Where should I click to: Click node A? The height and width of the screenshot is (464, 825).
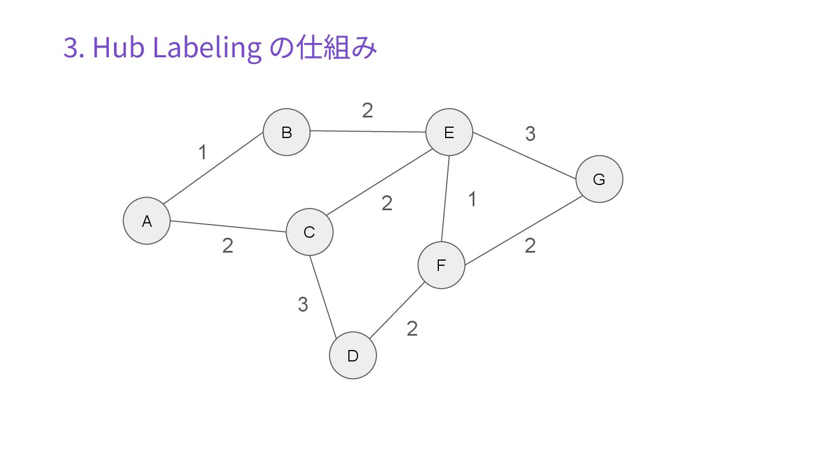point(147,221)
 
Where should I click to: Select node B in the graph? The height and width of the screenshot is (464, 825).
point(286,132)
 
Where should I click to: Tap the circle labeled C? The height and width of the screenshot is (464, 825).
point(309,232)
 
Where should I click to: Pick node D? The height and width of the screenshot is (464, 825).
point(353,356)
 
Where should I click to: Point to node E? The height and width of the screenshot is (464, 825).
point(449,132)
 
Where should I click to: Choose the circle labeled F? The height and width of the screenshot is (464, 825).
point(441,265)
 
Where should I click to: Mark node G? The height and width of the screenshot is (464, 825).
point(599,179)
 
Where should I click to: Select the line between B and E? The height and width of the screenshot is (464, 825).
point(368,132)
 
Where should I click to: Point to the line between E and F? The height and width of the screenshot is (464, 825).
point(446,199)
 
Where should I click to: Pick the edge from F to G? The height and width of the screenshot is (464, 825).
point(524,231)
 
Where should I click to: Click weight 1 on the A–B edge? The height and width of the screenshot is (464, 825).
point(202,153)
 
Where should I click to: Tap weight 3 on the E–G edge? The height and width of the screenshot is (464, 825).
point(530,134)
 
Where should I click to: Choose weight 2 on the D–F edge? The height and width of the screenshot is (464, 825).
point(412,329)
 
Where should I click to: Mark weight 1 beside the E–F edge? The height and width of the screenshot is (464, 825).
point(472,200)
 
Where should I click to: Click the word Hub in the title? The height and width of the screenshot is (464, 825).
point(117,48)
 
